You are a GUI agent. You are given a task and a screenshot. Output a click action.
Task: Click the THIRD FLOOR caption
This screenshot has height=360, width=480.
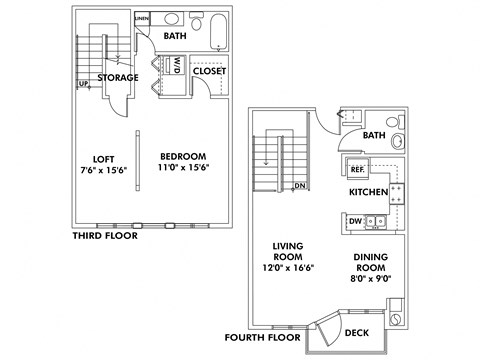click(105, 236)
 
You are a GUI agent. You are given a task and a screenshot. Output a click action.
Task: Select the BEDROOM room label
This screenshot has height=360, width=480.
click(183, 157)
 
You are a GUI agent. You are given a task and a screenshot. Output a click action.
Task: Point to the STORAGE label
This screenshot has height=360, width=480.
click(118, 77)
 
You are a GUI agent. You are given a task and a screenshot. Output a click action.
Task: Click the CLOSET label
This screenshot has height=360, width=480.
click(209, 71)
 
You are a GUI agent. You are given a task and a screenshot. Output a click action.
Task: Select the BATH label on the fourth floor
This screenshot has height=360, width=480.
click(374, 135)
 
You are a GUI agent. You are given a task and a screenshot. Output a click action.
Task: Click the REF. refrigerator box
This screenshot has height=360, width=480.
click(357, 168)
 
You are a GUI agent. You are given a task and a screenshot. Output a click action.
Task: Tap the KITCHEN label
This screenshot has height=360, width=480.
click(368, 191)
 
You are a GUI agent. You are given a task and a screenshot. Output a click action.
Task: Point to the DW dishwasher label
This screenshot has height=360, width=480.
click(355, 221)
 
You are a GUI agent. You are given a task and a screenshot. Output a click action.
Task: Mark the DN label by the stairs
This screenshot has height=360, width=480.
click(298, 186)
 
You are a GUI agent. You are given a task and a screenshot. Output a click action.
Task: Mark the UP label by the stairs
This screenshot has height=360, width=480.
click(83, 83)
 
